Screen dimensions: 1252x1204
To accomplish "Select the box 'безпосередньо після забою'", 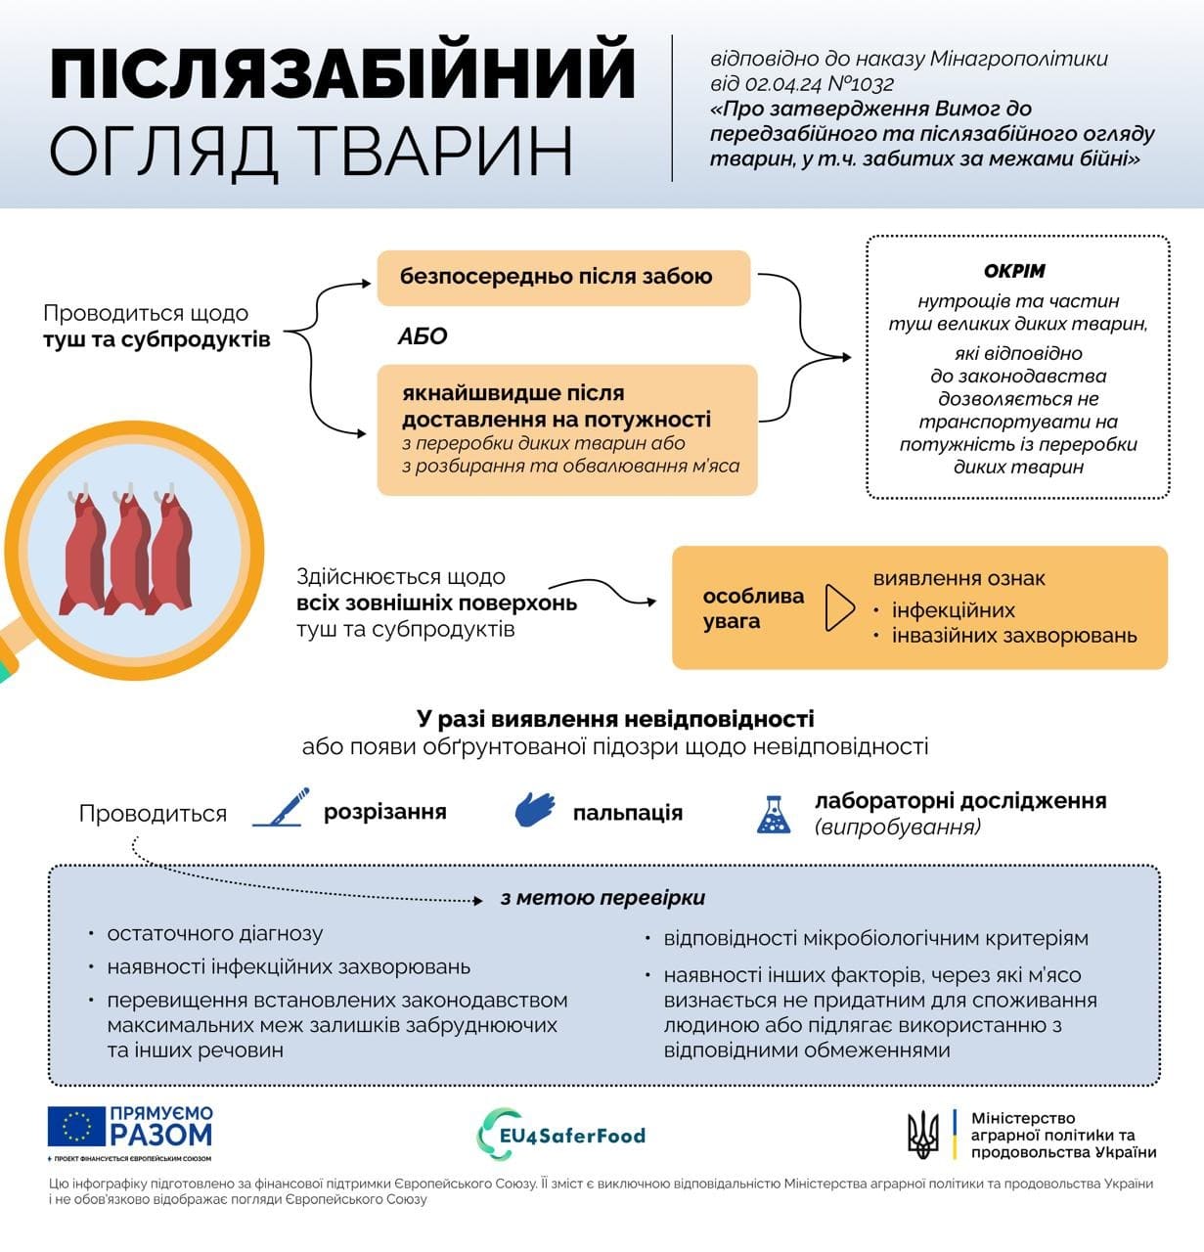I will [562, 277].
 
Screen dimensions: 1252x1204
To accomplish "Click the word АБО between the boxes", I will [423, 336].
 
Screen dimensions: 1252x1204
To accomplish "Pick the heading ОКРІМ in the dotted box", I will [1014, 271].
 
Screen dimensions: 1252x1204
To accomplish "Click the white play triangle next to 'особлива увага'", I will [839, 608].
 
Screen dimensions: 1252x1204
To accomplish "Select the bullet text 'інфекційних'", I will [953, 610].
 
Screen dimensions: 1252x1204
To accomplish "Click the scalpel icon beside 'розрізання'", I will [281, 809].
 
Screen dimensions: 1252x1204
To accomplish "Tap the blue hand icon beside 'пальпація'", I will [535, 811].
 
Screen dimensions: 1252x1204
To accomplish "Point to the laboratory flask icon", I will [774, 814].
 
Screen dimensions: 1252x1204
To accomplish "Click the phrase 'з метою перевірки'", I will [602, 898].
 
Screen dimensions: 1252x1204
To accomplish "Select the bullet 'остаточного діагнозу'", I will [215, 934].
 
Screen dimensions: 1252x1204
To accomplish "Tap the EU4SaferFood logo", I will [561, 1136].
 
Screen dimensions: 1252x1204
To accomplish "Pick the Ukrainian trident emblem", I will [923, 1135].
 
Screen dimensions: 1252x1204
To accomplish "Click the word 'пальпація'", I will [628, 813].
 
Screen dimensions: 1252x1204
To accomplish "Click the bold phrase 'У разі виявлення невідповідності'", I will [615, 719].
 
